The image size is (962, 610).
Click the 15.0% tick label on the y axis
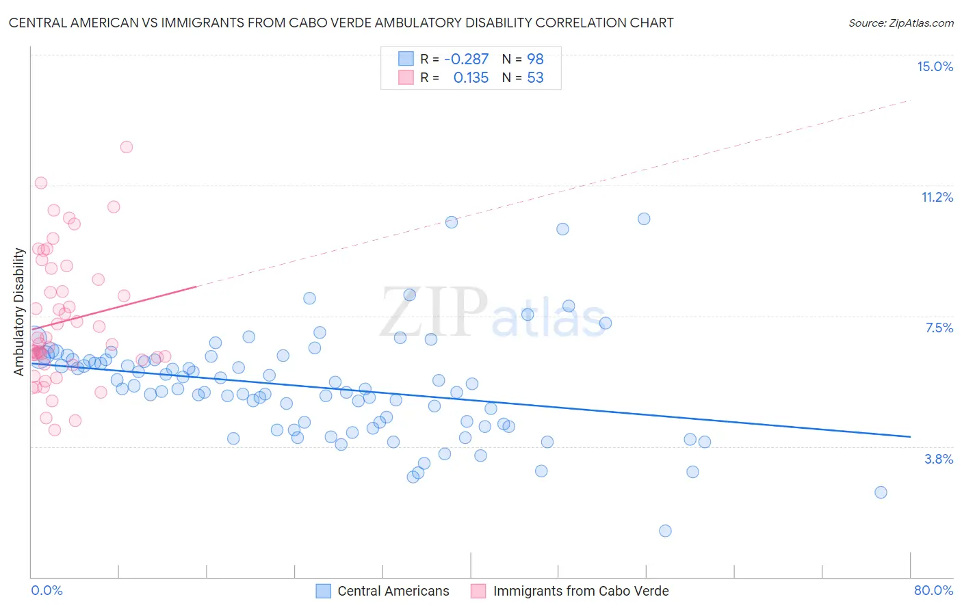click(x=935, y=66)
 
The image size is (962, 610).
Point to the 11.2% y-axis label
click(x=937, y=198)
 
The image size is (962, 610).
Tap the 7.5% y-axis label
click(x=939, y=328)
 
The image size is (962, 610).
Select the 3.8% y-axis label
click(x=939, y=459)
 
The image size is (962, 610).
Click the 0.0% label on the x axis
click(x=47, y=590)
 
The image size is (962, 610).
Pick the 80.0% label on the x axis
click(x=933, y=590)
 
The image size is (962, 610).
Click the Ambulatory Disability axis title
click(x=19, y=312)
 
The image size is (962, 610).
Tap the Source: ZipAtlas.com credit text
click(x=900, y=23)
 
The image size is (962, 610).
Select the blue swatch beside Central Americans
click(x=324, y=591)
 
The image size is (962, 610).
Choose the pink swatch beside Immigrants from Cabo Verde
click(x=478, y=591)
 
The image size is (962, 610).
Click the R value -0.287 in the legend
click(x=466, y=59)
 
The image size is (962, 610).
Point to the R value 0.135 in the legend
click(x=471, y=77)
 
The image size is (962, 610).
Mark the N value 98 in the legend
click(x=535, y=59)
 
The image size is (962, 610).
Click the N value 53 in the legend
click(x=535, y=77)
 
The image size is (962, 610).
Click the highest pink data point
click(x=127, y=147)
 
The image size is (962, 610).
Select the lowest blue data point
click(x=665, y=531)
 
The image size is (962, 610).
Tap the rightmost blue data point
click(x=881, y=492)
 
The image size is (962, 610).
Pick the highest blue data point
click(x=644, y=219)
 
